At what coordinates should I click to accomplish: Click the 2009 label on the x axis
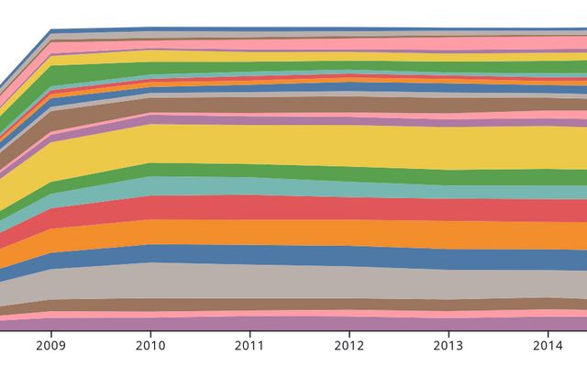[x=50, y=346]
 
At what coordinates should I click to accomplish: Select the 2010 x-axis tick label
[x=150, y=346]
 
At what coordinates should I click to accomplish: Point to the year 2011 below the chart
[x=249, y=346]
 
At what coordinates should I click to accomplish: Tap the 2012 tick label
[x=349, y=346]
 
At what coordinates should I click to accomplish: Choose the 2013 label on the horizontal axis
[x=448, y=346]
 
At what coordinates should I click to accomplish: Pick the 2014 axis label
[x=548, y=346]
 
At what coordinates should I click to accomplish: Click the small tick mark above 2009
[x=50, y=333]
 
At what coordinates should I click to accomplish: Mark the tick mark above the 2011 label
[x=249, y=333]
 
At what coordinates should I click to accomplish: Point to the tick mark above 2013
[x=448, y=333]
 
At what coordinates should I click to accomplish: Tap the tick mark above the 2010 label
[x=150, y=333]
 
